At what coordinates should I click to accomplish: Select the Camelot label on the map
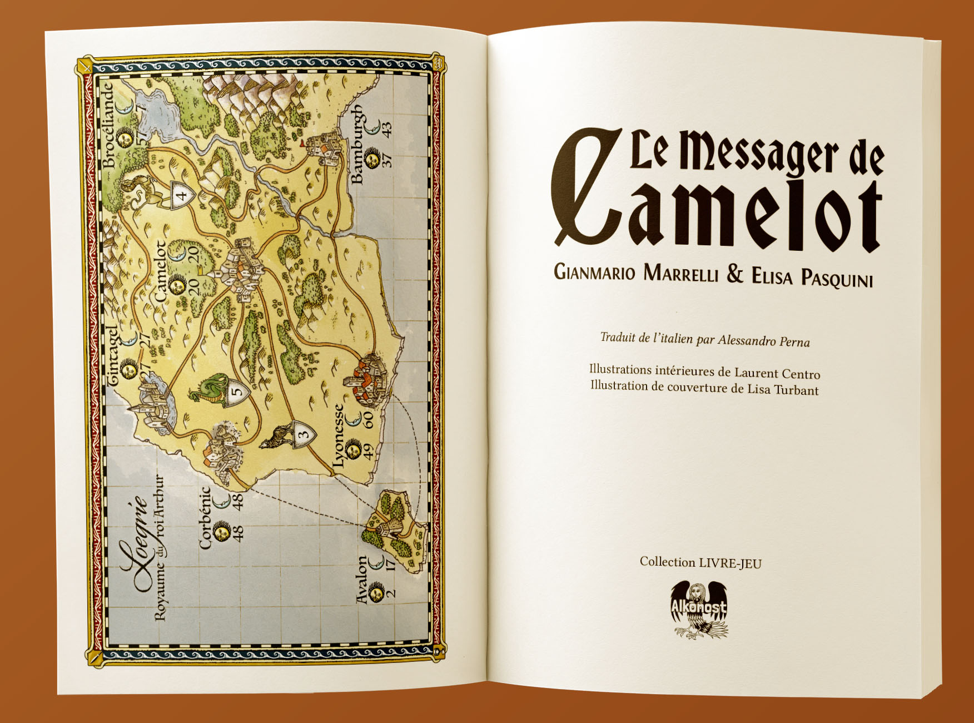coord(160,271)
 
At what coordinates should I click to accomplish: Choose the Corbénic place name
coord(205,518)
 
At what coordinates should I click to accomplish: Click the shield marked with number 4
coord(181,195)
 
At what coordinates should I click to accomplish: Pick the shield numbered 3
coord(303,435)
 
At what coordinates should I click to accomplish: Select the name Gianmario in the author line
coord(594,272)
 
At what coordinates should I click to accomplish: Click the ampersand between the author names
coord(735,274)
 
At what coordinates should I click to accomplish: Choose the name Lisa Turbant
coord(783,389)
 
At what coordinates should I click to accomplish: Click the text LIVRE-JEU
coord(730,563)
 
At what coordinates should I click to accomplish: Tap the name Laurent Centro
coord(777,373)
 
